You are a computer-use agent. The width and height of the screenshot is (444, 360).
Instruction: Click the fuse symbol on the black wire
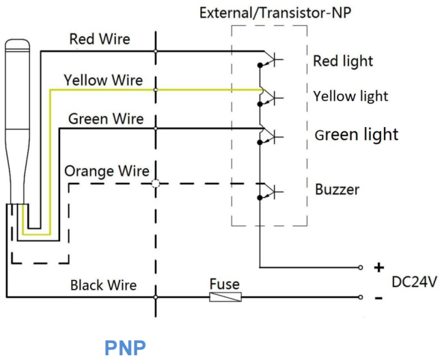tap(225, 297)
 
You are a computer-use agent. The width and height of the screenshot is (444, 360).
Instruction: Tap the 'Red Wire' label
tap(100, 39)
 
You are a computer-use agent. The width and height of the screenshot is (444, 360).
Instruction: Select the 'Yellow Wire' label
tap(103, 80)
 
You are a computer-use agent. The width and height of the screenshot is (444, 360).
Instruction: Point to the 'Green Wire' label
tap(106, 119)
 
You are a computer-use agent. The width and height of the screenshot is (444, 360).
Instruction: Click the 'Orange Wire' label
tap(107, 171)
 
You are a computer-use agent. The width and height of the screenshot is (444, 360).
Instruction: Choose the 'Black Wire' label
tap(103, 285)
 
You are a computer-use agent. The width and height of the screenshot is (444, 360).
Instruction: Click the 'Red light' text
tap(343, 61)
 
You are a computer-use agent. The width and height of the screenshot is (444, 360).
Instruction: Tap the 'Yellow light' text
tap(350, 96)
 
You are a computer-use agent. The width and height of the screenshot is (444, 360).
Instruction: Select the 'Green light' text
tap(357, 135)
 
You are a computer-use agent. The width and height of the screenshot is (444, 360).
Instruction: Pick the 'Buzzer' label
tap(337, 189)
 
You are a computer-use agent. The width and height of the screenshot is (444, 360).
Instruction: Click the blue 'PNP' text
tap(125, 348)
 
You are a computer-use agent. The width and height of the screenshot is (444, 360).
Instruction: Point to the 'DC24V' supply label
tap(414, 282)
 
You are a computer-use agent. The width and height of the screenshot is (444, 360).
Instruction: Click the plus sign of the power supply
tap(379, 267)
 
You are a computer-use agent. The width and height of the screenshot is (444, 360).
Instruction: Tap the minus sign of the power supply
tap(379, 298)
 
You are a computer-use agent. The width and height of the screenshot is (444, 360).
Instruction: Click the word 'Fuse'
tap(225, 283)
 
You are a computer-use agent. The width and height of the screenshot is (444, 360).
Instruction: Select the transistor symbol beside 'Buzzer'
tap(270, 192)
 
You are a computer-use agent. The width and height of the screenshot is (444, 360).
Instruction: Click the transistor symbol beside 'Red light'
tap(270, 59)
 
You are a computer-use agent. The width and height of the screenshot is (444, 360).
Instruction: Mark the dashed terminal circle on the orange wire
tap(156, 184)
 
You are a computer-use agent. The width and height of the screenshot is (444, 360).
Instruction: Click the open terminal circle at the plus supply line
tap(361, 267)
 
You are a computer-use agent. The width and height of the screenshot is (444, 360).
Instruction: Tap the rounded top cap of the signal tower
tap(17, 44)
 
